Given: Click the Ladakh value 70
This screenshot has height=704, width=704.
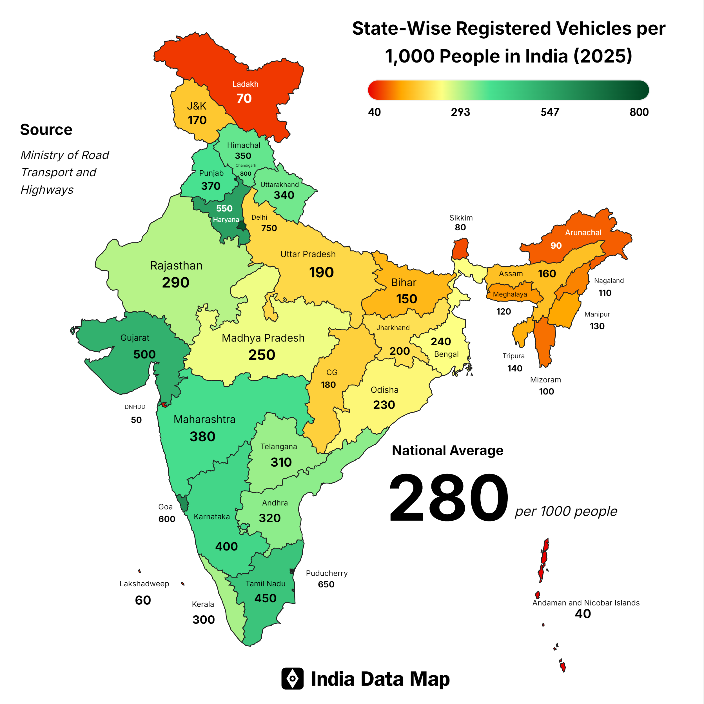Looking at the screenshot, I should [244, 98].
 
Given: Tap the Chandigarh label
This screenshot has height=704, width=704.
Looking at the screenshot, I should [246, 165].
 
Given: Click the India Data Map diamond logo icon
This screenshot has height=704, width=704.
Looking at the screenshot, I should [292, 678].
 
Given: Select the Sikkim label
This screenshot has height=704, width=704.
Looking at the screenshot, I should [461, 218].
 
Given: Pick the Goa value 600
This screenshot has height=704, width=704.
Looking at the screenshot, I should [167, 519].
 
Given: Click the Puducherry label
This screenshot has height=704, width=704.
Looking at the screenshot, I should [326, 573].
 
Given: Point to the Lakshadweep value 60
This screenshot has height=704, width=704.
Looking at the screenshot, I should [143, 600].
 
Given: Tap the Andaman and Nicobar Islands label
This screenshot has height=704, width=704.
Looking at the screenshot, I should [585, 603].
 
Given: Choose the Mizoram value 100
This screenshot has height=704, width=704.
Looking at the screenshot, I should [546, 391].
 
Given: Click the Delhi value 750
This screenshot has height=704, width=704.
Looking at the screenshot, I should [269, 228].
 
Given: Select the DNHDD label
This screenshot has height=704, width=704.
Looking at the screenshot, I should [135, 407].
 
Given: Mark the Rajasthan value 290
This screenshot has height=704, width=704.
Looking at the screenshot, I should [176, 282].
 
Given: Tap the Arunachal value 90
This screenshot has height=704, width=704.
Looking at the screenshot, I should [556, 246].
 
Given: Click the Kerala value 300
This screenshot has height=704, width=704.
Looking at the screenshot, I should [203, 620].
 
